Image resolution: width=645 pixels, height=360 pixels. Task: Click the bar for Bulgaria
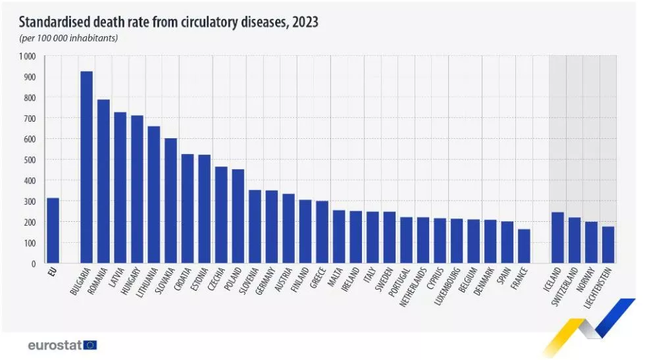tap(86, 167)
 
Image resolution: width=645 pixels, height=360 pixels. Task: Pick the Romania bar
tap(103, 181)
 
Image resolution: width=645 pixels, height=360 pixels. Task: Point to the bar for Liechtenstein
tap(608, 245)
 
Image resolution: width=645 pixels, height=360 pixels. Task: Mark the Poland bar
tap(238, 216)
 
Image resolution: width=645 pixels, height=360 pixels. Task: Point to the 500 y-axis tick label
tap(30, 160)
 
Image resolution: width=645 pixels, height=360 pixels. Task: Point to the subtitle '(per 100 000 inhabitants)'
tap(68, 38)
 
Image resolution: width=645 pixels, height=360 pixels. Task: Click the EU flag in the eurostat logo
tap(90, 345)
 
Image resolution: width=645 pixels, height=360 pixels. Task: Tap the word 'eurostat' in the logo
tap(55, 345)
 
